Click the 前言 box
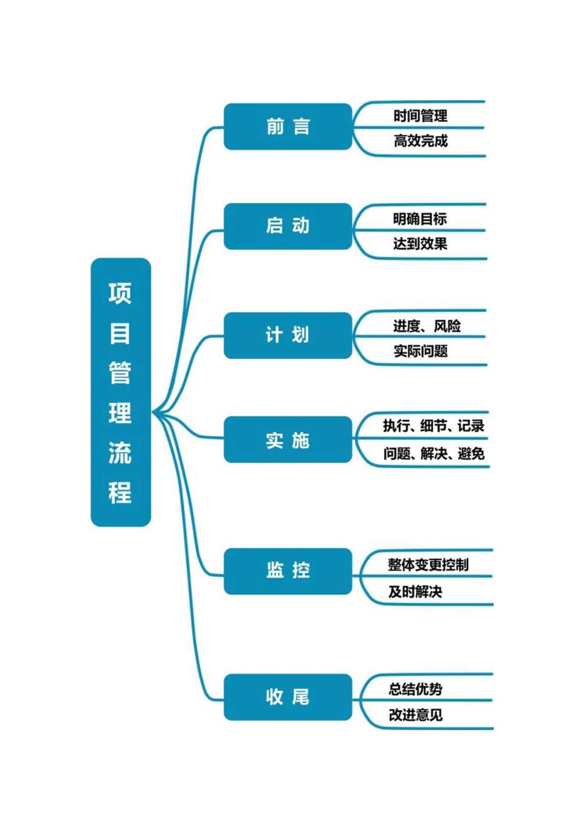[287, 127]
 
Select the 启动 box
[287, 226]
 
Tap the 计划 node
[287, 335]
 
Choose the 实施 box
[287, 440]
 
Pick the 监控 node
[287, 571]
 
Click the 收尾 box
[287, 696]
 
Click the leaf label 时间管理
[421, 116]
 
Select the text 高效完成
[421, 141]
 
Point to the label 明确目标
[420, 219]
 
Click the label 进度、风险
[427, 326]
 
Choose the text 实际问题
[421, 351]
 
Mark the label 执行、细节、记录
[434, 427]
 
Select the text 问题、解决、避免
[434, 454]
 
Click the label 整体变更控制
[428, 565]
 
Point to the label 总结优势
[416, 689]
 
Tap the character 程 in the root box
[121, 492]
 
